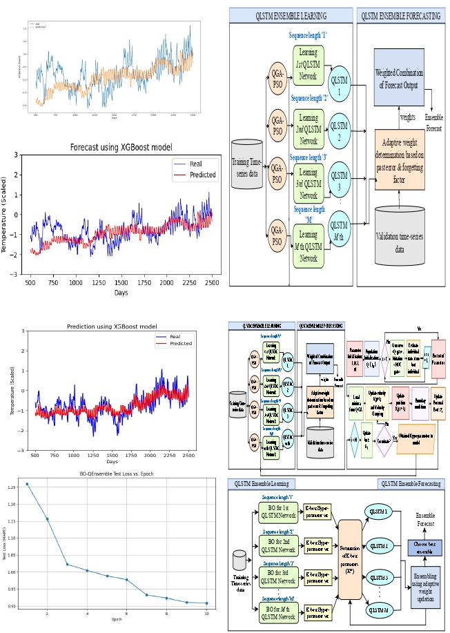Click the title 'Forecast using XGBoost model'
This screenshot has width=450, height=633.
coord(121,147)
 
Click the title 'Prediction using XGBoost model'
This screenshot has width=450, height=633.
coord(112,327)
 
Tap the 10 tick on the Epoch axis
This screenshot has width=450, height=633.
coord(206,613)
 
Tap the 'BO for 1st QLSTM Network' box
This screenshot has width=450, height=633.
coord(278,512)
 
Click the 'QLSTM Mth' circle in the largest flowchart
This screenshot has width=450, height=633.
coord(339,231)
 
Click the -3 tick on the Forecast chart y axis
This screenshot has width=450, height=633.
coord(17,275)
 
